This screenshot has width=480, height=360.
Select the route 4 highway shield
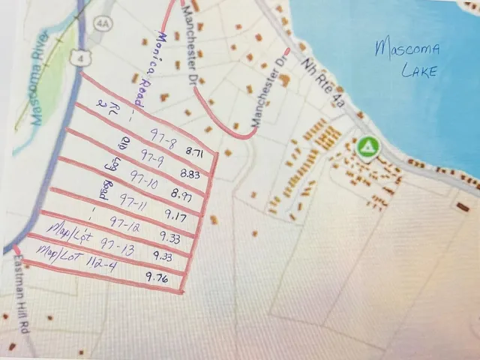coord(70,55)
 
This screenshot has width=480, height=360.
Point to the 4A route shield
coord(102,23)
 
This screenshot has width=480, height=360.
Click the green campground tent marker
coord(367,148)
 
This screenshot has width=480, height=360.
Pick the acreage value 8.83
coord(190,174)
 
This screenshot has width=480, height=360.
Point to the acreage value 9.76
coord(157,277)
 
